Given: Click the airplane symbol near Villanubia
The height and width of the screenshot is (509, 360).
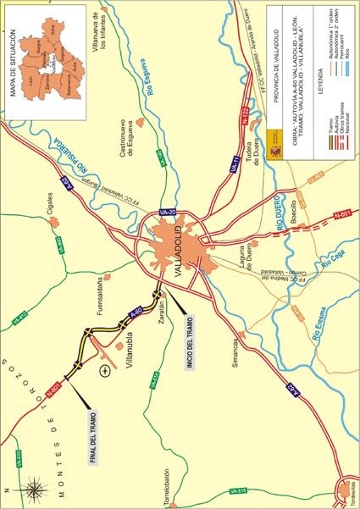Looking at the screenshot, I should (104, 370).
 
